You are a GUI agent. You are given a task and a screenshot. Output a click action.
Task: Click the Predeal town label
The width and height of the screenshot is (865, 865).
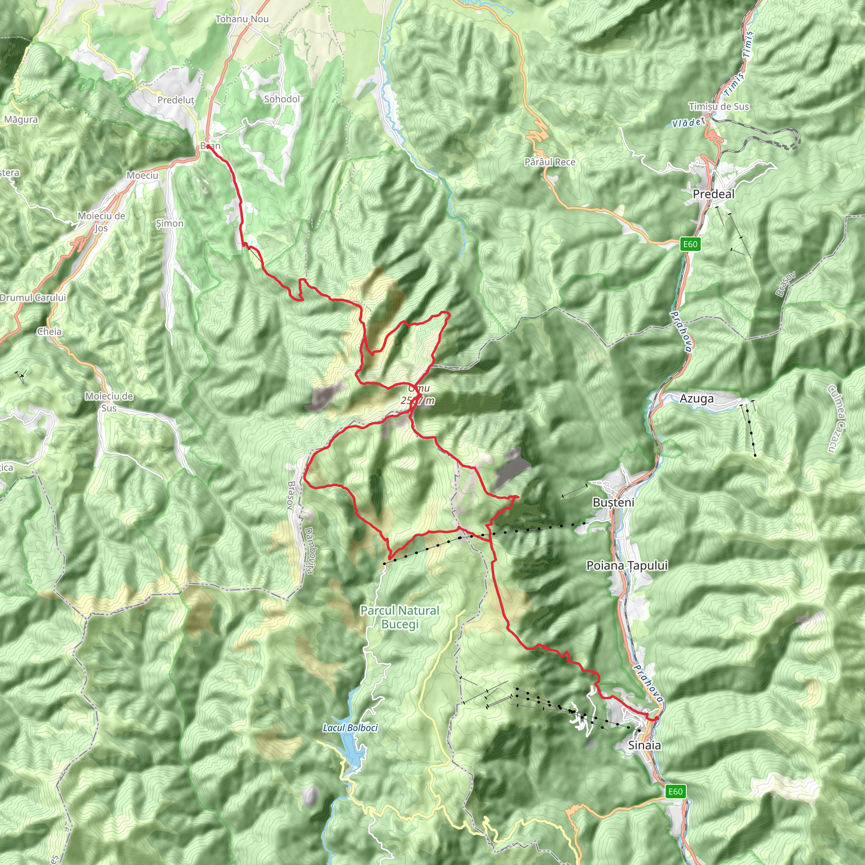click(x=713, y=194)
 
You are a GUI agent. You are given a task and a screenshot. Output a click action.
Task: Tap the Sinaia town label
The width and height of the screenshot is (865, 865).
click(x=644, y=745)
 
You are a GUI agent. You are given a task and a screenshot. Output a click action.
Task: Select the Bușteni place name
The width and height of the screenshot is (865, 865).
click(x=613, y=502)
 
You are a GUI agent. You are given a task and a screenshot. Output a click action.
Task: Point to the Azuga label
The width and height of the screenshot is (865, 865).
click(x=696, y=398)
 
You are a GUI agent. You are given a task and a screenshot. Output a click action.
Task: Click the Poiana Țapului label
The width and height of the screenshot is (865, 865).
click(x=627, y=566)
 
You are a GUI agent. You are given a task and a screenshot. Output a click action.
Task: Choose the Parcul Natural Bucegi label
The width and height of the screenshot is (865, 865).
click(x=400, y=617)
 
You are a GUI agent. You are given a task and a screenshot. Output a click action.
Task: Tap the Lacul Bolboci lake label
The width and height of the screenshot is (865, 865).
click(x=350, y=728)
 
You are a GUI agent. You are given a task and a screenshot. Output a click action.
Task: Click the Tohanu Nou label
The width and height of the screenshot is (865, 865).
click(x=242, y=19)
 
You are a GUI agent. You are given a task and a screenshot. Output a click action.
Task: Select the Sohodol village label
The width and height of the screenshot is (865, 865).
click(x=282, y=99)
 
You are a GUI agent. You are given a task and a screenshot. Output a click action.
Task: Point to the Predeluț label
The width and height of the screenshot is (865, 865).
click(x=176, y=100)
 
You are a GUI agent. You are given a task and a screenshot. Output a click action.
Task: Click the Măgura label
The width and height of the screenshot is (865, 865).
click(x=21, y=120)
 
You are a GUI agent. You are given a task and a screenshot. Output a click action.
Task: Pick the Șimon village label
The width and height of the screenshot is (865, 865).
click(x=170, y=223)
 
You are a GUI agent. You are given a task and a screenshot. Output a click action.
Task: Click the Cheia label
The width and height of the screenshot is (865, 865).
click(x=49, y=331)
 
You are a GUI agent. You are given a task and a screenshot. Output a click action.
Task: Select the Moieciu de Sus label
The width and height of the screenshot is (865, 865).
click(x=109, y=402)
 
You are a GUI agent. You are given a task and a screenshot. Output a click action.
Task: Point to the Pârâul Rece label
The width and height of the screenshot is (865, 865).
click(x=549, y=162)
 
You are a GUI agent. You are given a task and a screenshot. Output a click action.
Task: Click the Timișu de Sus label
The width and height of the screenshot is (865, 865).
click(x=718, y=106)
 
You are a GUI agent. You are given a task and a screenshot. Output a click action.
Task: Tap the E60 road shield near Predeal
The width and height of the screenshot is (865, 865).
click(x=690, y=244)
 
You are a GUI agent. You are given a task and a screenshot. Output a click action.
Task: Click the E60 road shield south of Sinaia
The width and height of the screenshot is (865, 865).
click(x=675, y=792)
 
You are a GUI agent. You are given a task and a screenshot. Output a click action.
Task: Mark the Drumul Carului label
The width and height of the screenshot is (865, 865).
click(x=33, y=298)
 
